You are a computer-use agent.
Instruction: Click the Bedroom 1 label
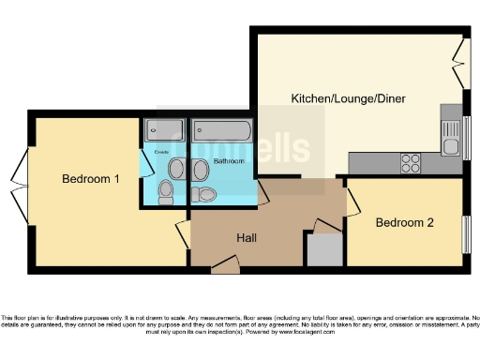coord(91,179)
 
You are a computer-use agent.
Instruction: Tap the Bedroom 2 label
coord(405,223)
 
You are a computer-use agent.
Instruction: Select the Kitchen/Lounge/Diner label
coord(342,98)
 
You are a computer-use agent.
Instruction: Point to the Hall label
coord(247,238)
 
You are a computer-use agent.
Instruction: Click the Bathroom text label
coord(229,161)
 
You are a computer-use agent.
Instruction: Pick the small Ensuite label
coord(160,151)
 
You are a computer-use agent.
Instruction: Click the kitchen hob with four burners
coord(411,163)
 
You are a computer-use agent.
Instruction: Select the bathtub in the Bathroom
coord(221,130)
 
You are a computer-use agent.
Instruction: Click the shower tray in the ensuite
coord(165,130)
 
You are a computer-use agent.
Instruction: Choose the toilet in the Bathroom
coord(205,194)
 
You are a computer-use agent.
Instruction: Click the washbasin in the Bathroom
coord(201,170)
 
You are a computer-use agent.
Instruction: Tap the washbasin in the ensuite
coord(176,169)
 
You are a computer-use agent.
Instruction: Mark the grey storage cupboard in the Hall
coord(324,248)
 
